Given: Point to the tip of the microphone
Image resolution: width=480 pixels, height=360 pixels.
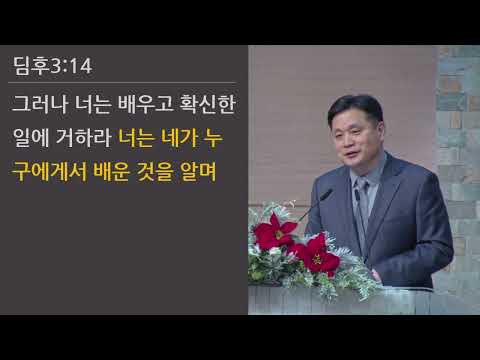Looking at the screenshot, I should point(329,192).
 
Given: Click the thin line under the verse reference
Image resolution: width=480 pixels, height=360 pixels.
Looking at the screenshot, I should point(125,82).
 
